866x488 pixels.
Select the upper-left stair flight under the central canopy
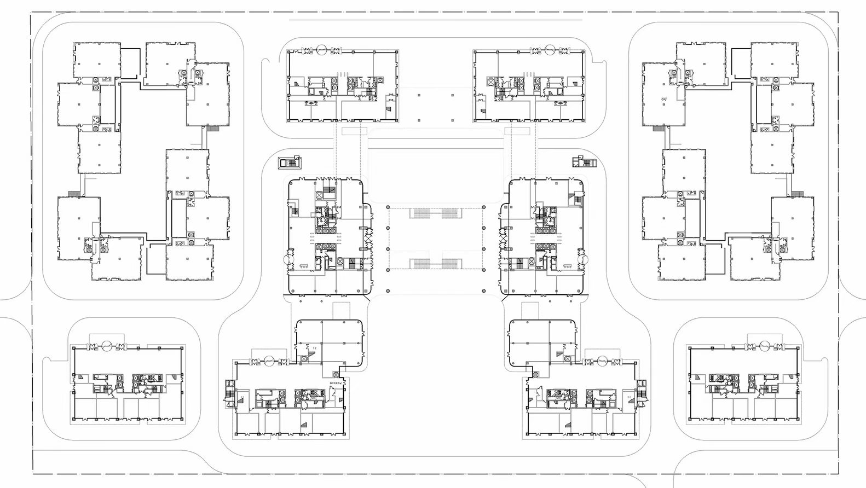pyautogui.click(x=419, y=213)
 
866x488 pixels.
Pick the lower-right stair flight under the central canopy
pyautogui.click(x=452, y=264)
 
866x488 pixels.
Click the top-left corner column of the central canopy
pyautogui.click(x=388, y=207)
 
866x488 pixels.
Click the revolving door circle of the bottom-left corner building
pyautogui.click(x=108, y=345)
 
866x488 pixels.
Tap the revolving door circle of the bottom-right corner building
pyautogui.click(x=763, y=345)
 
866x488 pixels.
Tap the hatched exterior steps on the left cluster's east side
pyautogui.click(x=212, y=129)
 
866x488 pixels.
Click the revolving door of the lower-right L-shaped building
pyautogui.click(x=603, y=360)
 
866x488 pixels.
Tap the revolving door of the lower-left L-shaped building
pyautogui.click(x=269, y=360)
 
